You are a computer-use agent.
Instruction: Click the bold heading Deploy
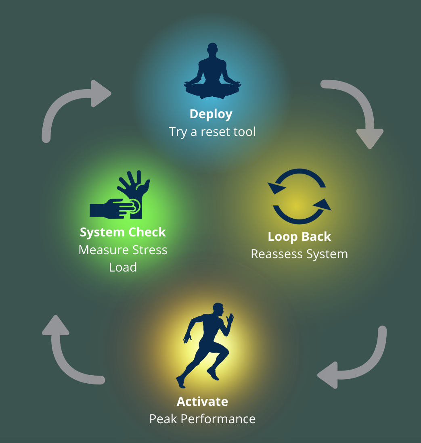pyautogui.click(x=211, y=114)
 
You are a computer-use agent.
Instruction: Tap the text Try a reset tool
pyautogui.click(x=212, y=132)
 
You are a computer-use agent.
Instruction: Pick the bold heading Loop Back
pyautogui.click(x=299, y=237)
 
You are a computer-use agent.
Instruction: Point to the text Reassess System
pyautogui.click(x=299, y=254)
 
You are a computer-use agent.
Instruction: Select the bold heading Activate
pyautogui.click(x=202, y=402)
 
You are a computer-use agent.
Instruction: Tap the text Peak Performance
pyautogui.click(x=202, y=419)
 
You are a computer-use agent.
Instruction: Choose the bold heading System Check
pyautogui.click(x=123, y=232)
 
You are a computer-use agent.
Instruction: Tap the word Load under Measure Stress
pyautogui.click(x=123, y=267)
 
